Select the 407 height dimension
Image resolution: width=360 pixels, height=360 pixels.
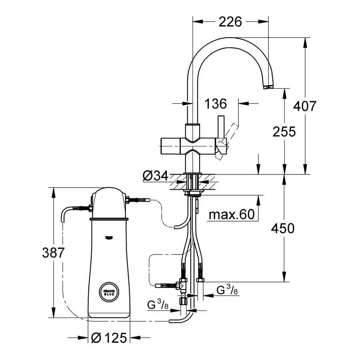[305, 106]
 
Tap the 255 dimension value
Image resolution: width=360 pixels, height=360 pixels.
[284, 131]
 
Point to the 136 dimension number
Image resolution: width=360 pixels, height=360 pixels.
[216, 104]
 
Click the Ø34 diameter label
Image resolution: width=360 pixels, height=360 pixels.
[155, 176]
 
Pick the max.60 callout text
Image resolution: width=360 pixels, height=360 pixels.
[232, 215]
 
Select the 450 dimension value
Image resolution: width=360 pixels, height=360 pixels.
[283, 228]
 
